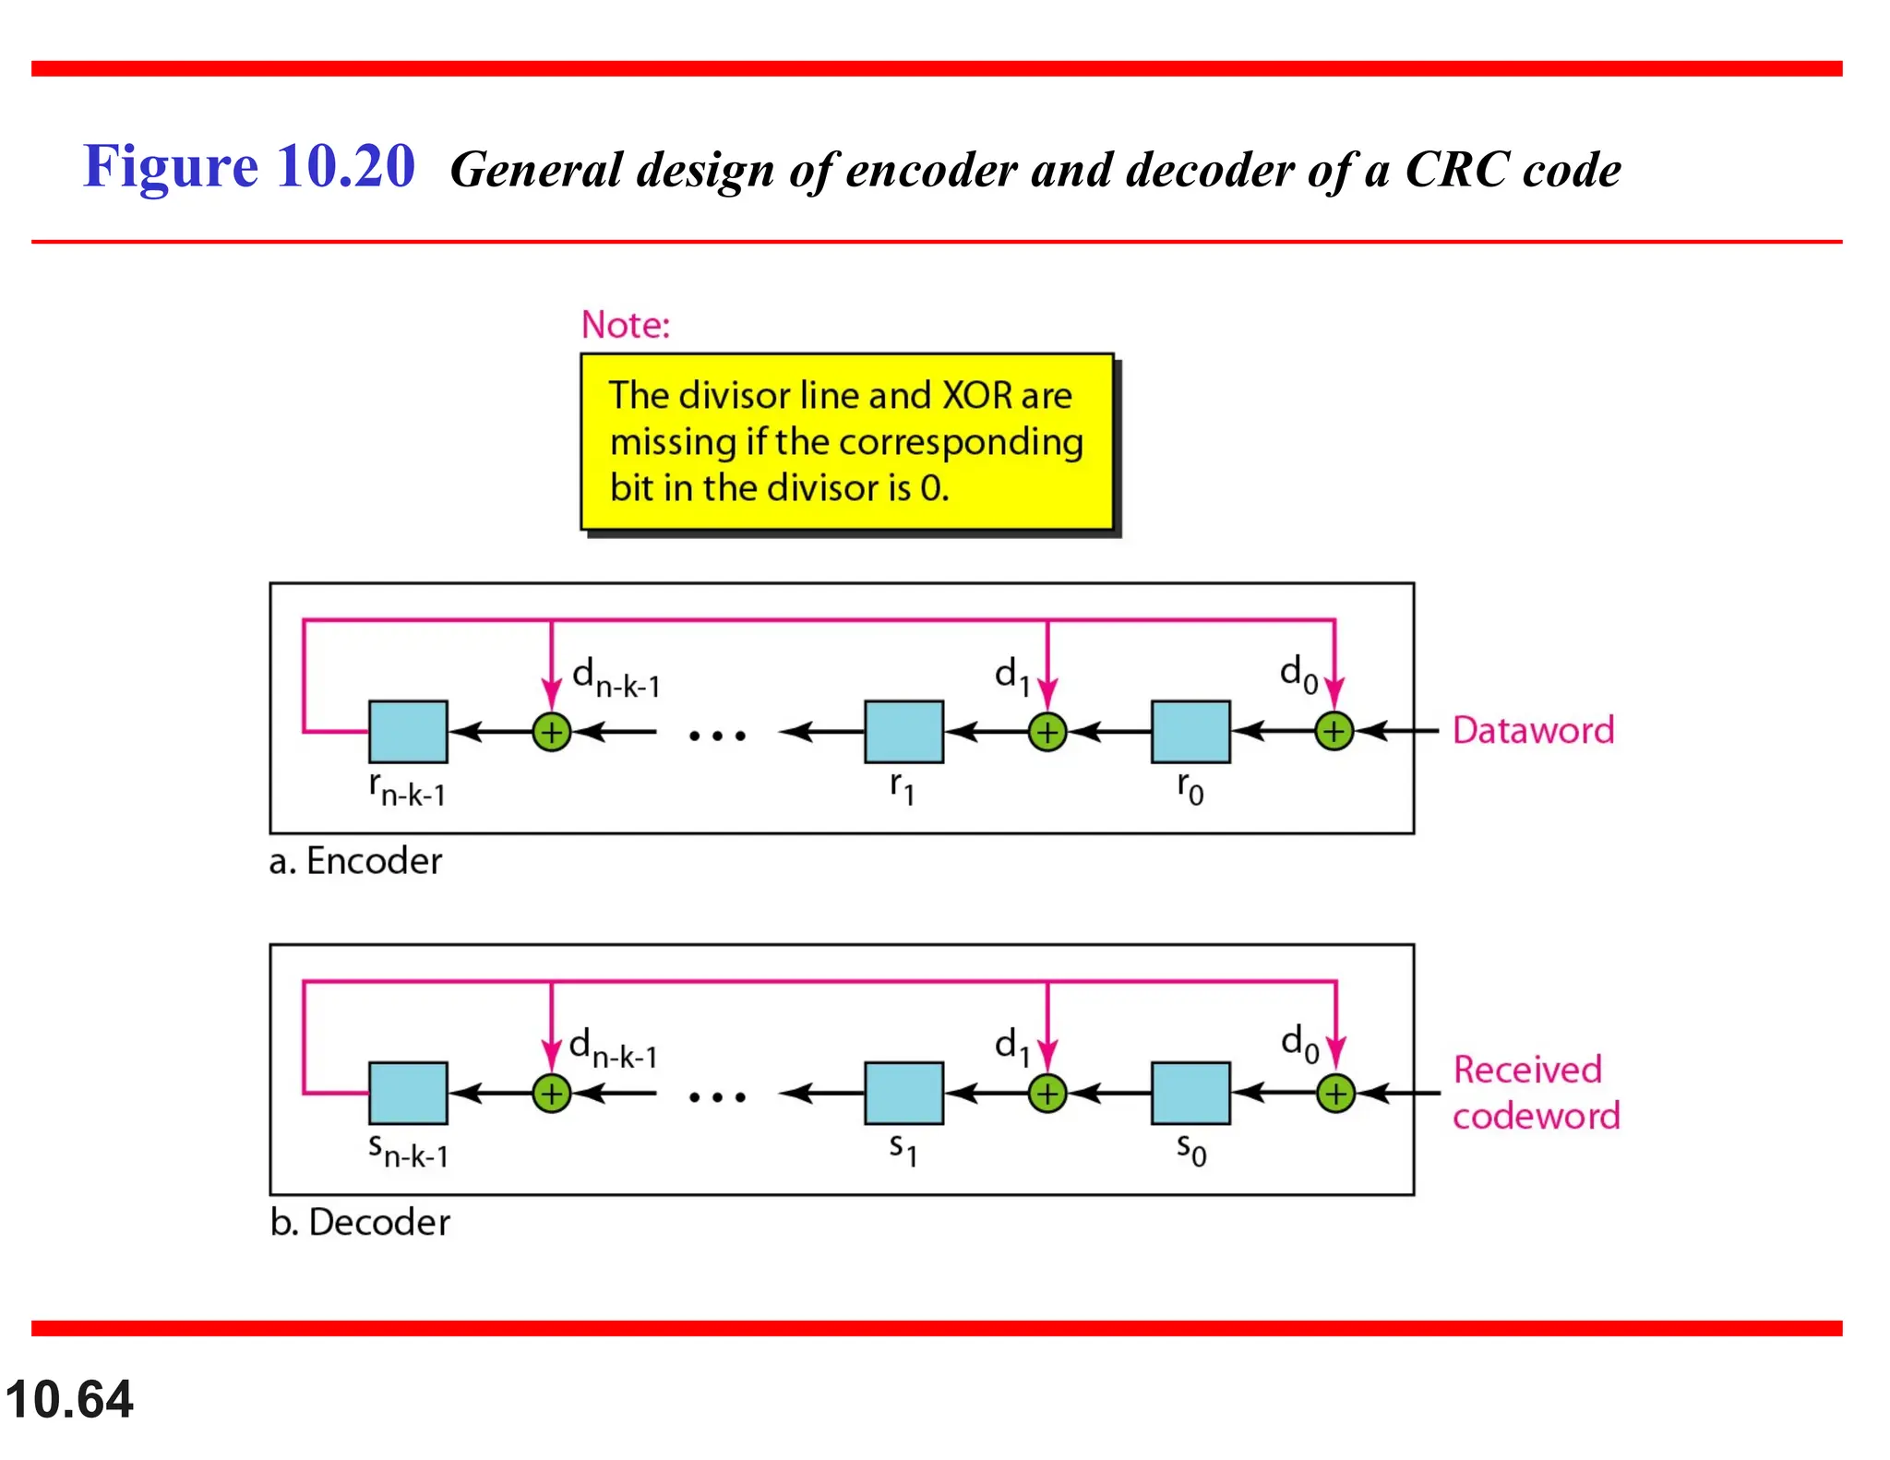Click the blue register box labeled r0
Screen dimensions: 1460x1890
1190,731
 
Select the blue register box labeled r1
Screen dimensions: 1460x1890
903,731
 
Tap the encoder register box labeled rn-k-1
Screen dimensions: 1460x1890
408,731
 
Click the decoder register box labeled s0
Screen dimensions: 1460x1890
1190,1093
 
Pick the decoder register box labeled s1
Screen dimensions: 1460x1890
903,1093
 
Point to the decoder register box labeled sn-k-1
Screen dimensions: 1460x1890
408,1093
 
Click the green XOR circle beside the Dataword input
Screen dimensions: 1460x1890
1334,732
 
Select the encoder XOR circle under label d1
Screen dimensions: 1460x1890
1047,733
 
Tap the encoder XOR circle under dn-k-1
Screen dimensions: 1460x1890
552,733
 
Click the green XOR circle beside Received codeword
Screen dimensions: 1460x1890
1335,1094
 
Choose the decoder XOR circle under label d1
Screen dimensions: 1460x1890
1047,1094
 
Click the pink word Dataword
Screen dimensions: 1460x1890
1533,730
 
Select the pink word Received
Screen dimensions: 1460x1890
1527,1070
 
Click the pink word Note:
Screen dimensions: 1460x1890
626,325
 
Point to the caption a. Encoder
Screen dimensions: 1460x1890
355,861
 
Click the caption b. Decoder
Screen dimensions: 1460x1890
360,1222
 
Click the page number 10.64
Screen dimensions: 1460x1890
69,1399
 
